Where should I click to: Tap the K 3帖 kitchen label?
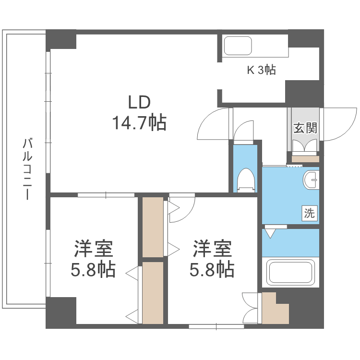pos(261,70)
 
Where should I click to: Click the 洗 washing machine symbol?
pos(310,213)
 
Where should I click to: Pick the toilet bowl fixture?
pos(245,180)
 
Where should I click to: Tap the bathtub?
pos(291,273)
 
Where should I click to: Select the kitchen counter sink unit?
pos(238,47)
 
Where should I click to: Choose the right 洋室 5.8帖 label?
pos(213,259)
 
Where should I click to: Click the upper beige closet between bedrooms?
pos(153,226)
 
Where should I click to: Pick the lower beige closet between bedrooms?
pos(153,291)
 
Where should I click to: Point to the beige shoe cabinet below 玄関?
pos(305,159)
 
